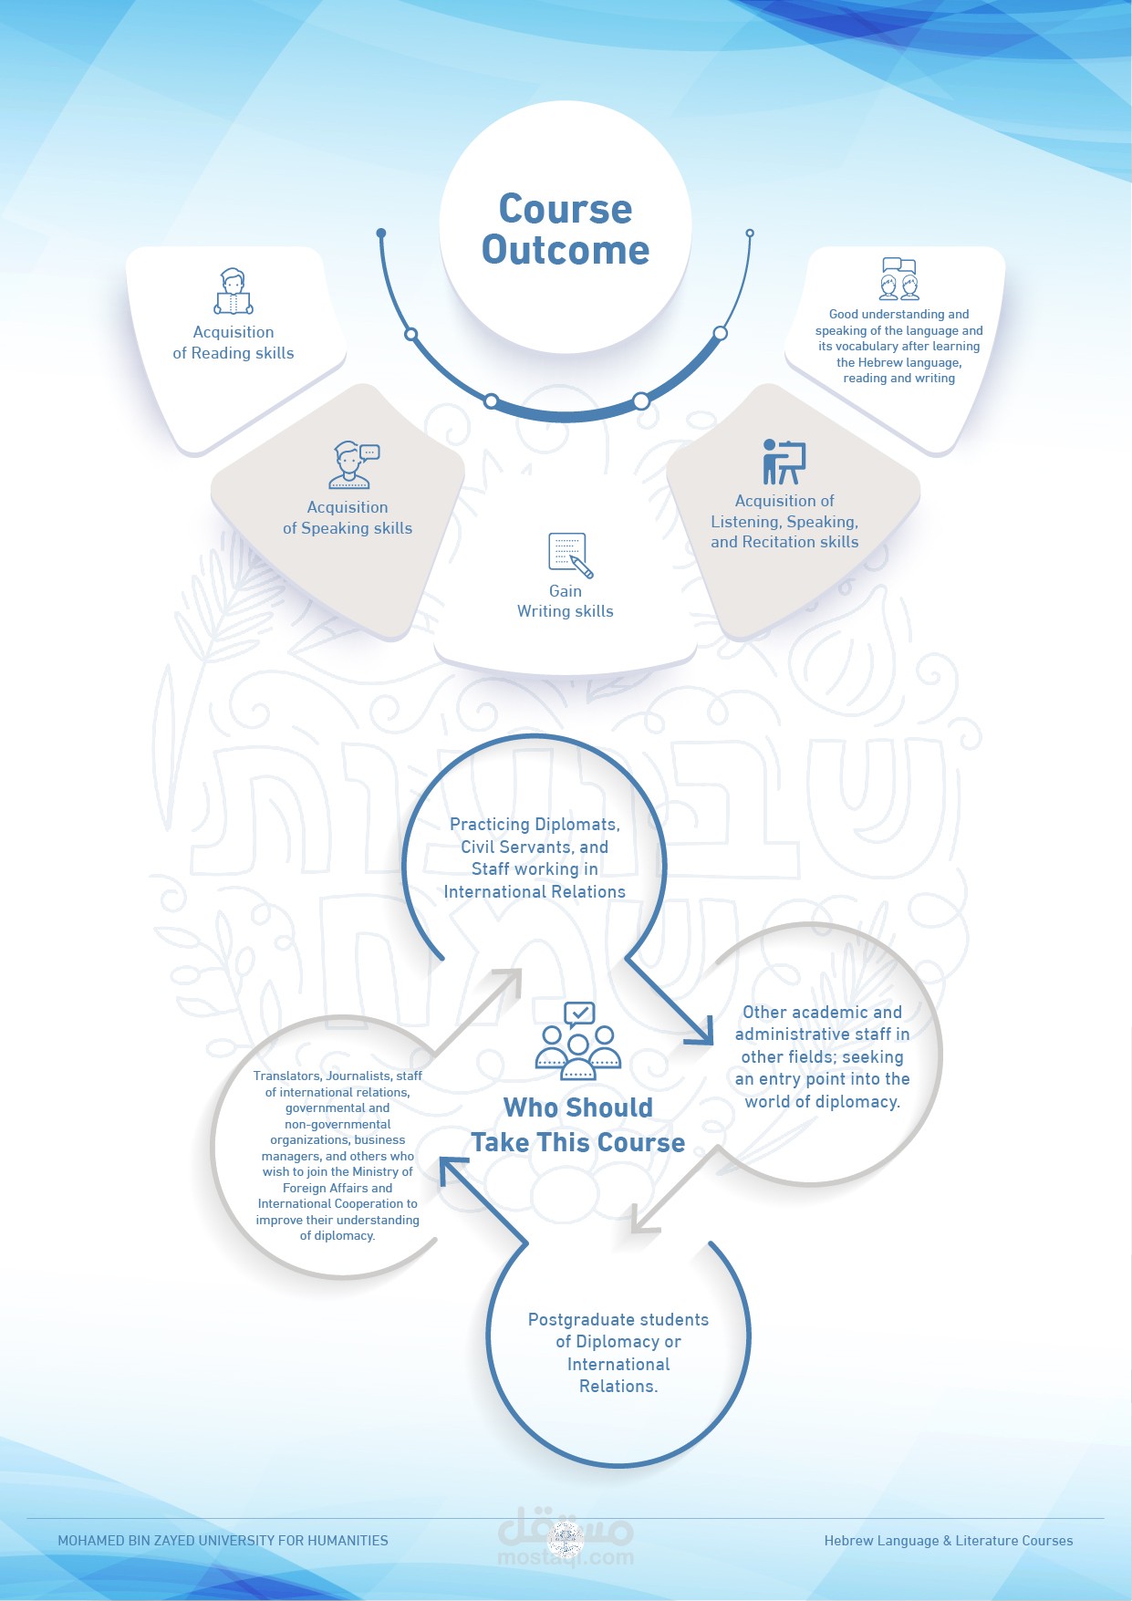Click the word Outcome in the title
[566, 250]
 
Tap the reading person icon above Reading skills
[234, 292]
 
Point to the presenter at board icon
[784, 462]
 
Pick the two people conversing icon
[898, 279]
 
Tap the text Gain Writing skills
[566, 601]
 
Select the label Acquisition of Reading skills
[234, 343]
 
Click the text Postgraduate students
[618, 1319]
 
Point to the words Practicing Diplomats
[535, 825]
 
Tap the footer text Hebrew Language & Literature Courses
[949, 1541]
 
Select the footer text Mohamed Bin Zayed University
[223, 1541]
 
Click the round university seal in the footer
[566, 1541]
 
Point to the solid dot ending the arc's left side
[381, 234]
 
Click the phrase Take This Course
[578, 1143]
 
